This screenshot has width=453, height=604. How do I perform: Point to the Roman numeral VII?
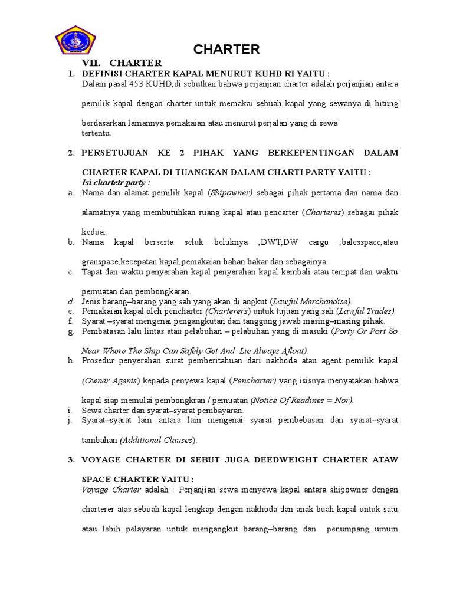click(91, 63)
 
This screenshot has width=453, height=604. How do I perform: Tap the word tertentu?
click(96, 133)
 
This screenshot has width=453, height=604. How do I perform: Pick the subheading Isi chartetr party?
click(116, 182)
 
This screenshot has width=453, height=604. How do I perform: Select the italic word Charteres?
click(322, 212)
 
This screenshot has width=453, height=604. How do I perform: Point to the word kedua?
click(93, 232)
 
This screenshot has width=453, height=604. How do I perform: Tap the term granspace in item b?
click(100, 261)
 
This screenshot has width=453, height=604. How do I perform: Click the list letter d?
click(70, 301)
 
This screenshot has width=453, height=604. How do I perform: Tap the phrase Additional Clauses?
click(158, 440)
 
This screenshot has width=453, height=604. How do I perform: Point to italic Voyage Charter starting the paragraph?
click(111, 490)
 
